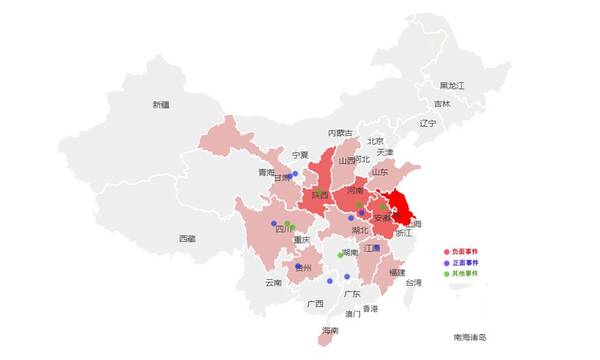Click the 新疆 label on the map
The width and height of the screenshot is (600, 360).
click(161, 104)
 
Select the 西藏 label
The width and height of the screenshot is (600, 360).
click(187, 239)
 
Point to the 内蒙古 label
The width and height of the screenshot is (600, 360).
click(340, 133)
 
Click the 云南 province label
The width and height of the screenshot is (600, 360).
click(274, 283)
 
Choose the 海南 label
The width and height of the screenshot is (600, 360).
click(330, 330)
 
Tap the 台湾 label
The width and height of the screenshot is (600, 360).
click(413, 283)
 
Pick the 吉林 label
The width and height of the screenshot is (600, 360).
click(442, 104)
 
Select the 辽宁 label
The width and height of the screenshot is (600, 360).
click(428, 123)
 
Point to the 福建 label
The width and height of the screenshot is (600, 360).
click(397, 272)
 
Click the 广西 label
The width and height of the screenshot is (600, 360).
click(315, 303)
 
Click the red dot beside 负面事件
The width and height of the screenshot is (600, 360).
click(447, 251)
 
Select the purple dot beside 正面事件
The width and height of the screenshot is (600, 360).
click(447, 262)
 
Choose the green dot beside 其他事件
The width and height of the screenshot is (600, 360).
click(447, 273)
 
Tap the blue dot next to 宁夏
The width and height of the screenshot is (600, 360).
click(295, 174)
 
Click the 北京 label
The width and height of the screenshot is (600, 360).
click(375, 142)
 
